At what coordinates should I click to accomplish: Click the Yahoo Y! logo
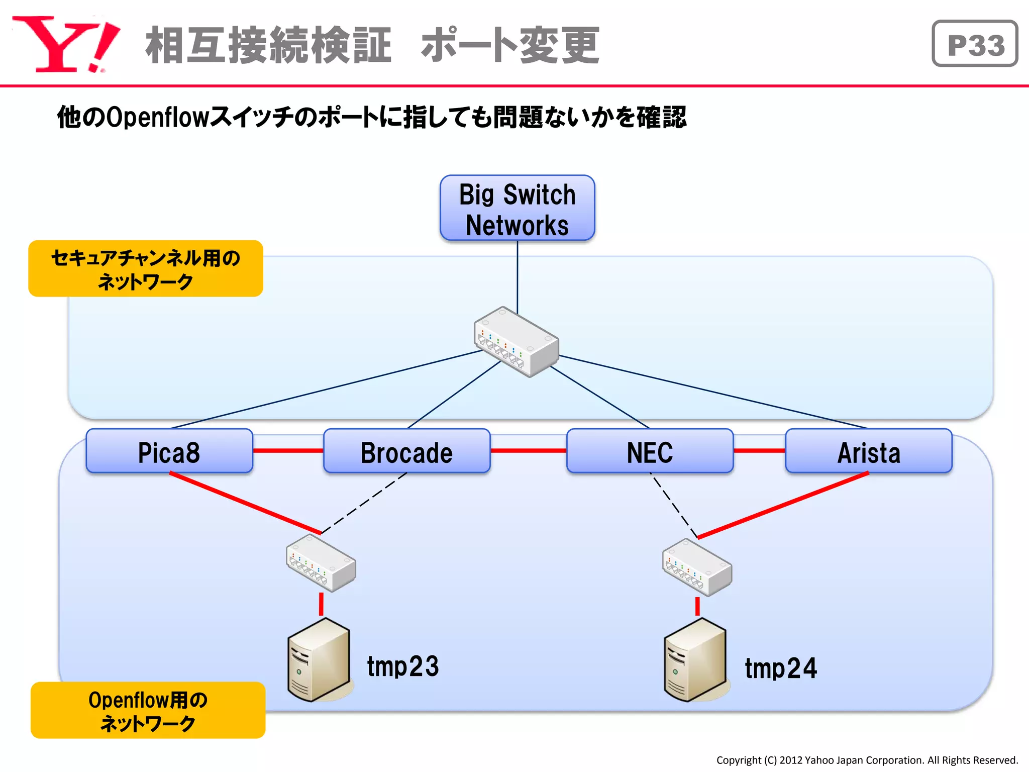(65, 44)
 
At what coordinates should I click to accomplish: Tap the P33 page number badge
(974, 44)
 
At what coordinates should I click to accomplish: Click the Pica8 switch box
(169, 451)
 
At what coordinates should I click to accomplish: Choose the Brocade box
(406, 451)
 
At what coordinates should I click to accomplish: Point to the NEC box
(649, 451)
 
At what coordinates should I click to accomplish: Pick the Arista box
(868, 451)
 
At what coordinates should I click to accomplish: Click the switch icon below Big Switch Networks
(517, 342)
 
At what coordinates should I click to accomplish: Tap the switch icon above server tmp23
(321, 563)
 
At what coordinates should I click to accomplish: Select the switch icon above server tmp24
(697, 567)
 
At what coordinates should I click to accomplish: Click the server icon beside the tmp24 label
(695, 660)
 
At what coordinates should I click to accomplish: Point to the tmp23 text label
(402, 666)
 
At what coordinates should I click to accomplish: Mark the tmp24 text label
(780, 668)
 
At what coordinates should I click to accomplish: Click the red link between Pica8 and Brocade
(288, 451)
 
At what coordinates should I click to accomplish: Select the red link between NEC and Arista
(759, 451)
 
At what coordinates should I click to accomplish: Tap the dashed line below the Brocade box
(364, 503)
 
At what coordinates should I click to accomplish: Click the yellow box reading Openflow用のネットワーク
(148, 710)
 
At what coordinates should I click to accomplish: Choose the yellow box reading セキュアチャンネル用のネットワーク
(146, 269)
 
